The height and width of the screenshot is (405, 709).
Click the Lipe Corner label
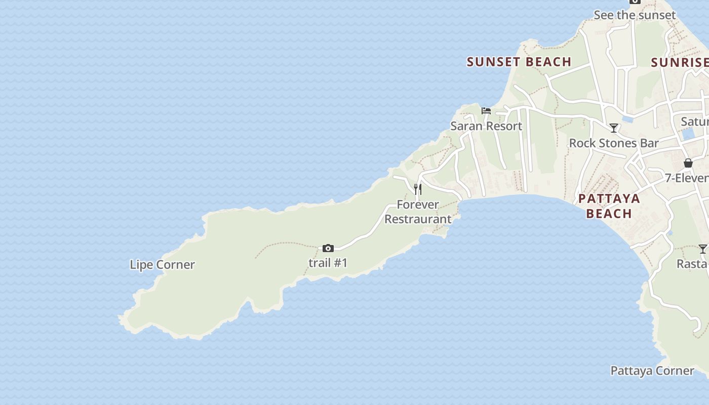click(162, 265)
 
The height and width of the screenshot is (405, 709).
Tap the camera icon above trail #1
click(328, 248)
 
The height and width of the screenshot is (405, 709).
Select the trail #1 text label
click(328, 263)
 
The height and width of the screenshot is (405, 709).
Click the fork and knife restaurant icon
click(418, 189)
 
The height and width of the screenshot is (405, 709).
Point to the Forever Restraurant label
click(418, 212)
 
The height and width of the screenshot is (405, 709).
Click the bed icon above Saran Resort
click(486, 111)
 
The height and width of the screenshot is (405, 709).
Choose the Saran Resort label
click(486, 126)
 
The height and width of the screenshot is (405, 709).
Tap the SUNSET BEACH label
click(519, 62)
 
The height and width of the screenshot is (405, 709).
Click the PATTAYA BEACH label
click(609, 206)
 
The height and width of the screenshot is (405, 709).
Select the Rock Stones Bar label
click(614, 143)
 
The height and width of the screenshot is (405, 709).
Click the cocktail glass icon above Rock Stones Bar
click(614, 128)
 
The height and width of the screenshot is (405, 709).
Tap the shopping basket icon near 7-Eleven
click(688, 163)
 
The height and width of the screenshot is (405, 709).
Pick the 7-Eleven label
click(687, 178)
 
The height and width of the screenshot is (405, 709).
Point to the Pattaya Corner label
click(652, 371)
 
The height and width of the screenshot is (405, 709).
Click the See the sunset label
click(635, 15)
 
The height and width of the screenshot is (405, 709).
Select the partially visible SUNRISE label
click(680, 62)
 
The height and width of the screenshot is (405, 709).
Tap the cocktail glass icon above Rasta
click(703, 249)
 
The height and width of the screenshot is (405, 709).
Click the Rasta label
click(693, 264)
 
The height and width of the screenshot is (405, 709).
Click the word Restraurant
click(418, 219)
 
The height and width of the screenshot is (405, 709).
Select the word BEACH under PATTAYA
click(609, 214)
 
